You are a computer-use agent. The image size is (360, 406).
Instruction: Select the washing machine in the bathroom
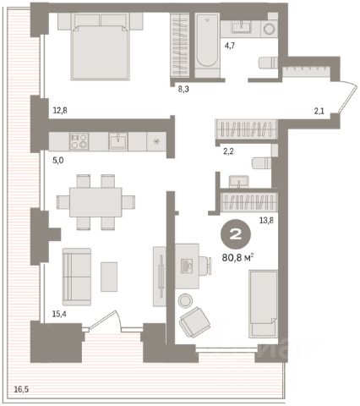(x=270, y=29)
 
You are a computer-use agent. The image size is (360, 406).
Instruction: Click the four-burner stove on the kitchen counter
(x=79, y=141)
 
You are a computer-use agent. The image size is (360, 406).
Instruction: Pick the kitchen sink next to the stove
(x=118, y=141)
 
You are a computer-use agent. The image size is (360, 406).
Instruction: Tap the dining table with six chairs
(x=95, y=202)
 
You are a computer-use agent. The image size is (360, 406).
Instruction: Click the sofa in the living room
(x=77, y=277)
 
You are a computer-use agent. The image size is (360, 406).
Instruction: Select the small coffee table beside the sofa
(x=109, y=277)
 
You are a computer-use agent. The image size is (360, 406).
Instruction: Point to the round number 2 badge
(x=236, y=234)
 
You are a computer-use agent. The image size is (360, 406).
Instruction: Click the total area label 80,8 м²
(x=238, y=257)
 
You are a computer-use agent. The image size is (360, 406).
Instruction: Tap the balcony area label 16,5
(x=21, y=390)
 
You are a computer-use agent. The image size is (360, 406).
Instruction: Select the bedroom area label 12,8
(x=60, y=110)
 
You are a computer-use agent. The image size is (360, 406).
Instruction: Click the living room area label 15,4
(x=59, y=314)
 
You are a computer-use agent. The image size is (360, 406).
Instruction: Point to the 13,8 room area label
(x=266, y=220)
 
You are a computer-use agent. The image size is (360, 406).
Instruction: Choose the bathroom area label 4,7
(x=230, y=46)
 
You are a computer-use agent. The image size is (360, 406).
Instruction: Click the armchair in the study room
(x=195, y=322)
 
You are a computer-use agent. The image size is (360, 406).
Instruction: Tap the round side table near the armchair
(x=185, y=300)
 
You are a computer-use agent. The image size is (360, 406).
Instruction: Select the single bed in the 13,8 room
(x=263, y=304)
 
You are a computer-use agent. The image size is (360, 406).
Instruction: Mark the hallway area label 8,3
(x=183, y=90)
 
